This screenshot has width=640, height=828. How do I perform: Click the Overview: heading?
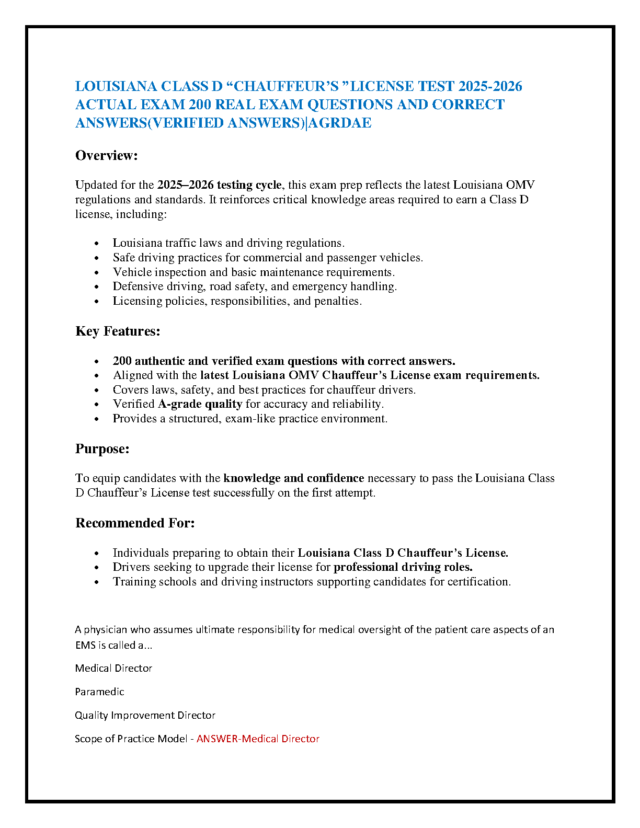[x=106, y=155]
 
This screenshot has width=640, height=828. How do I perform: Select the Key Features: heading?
[x=118, y=331]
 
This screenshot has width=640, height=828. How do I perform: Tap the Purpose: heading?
[x=102, y=448]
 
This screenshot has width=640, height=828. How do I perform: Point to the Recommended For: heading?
[x=135, y=523]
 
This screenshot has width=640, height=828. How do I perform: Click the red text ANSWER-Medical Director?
[x=258, y=739]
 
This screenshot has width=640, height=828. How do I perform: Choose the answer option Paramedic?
[x=99, y=692]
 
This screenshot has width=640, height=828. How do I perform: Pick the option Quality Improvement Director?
[x=145, y=715]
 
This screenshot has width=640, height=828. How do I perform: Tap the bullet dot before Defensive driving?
[x=97, y=287]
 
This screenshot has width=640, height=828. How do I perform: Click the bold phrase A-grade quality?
[x=200, y=404]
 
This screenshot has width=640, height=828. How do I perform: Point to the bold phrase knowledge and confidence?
[x=293, y=478]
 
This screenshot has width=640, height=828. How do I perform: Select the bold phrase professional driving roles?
[x=403, y=567]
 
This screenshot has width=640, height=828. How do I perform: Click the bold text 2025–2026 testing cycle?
[x=219, y=185]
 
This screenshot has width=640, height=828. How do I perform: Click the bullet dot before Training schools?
[x=97, y=582]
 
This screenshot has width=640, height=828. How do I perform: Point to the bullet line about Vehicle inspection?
[x=254, y=272]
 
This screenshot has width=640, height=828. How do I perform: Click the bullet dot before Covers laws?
[x=97, y=390]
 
